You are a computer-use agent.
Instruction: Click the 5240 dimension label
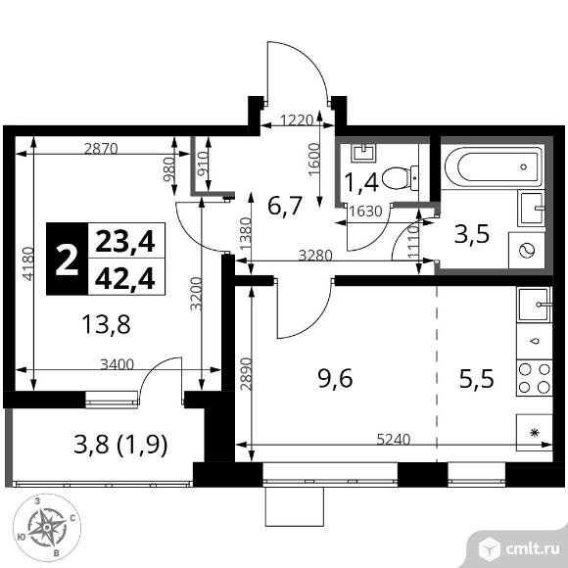pos(394,439)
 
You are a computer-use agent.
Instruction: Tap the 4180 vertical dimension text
pos(27,263)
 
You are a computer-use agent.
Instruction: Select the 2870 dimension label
pos(101,149)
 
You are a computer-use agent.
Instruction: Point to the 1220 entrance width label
pos(297,119)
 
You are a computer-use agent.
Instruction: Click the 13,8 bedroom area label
pos(106,324)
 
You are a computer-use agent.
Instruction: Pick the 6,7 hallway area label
pos(285,206)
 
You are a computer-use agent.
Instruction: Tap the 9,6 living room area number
pos(336,379)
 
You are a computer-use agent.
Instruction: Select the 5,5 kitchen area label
pos(477,379)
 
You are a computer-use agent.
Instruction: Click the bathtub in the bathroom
pos(494,166)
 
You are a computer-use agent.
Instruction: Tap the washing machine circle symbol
pos(527,251)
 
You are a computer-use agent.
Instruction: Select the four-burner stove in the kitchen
pos(535,379)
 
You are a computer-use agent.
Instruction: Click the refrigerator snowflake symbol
pos(534,433)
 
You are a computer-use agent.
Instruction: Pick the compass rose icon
pos(47,528)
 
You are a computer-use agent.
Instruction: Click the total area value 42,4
pos(125,278)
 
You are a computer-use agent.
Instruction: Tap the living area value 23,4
pos(125,242)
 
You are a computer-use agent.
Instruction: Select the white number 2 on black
pos(67,260)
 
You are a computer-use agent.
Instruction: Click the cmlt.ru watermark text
pos(534,550)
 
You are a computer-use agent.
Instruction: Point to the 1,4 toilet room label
pos(361,182)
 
